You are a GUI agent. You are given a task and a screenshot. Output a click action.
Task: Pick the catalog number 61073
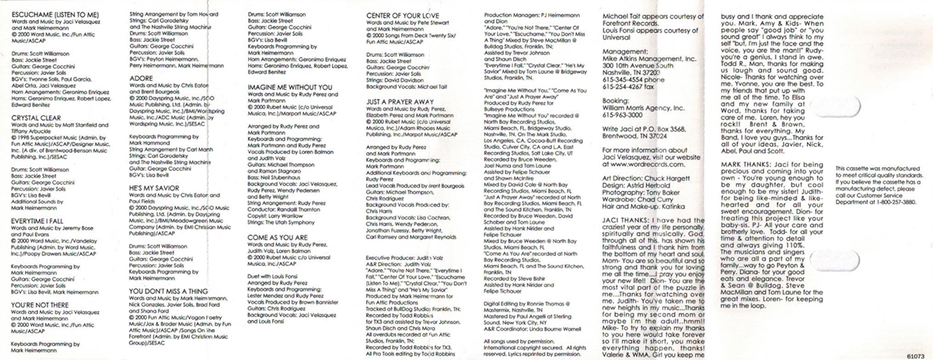[x=914, y=351]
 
